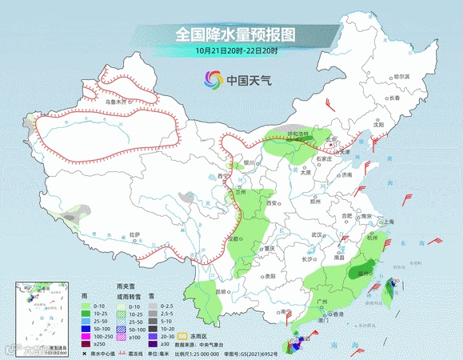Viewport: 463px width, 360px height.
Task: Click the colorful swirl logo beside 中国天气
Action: point(213,80)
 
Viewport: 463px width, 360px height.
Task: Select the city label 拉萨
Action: point(135,234)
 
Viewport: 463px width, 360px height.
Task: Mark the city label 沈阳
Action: point(379,124)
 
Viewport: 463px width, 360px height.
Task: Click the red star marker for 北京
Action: point(330,144)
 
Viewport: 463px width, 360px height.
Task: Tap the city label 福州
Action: point(365,274)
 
